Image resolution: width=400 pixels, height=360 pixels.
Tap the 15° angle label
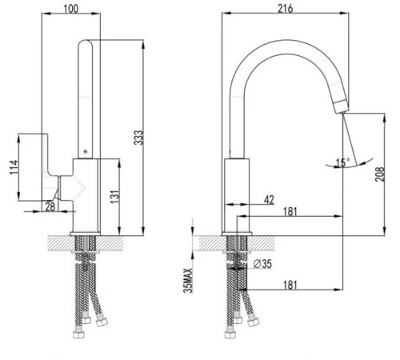[x=342, y=162]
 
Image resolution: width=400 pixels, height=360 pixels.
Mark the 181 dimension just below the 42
[x=292, y=212]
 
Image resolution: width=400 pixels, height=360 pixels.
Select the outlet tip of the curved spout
[x=342, y=106]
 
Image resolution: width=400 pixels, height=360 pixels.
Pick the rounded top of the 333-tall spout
[x=86, y=44]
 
